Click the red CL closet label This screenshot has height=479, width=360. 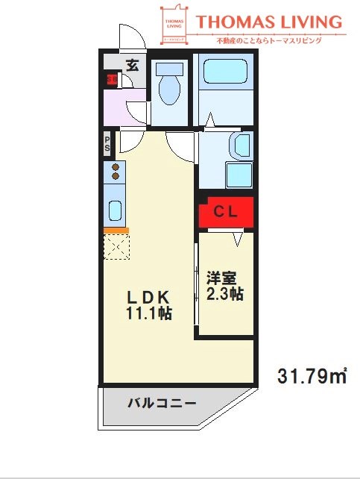[x=226, y=211]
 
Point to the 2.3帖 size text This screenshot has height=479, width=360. [x=224, y=294]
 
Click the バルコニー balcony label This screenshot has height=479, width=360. [x=161, y=404]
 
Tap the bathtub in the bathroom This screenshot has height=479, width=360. [x=226, y=71]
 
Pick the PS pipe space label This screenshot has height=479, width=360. [x=108, y=143]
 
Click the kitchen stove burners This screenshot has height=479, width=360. [x=116, y=172]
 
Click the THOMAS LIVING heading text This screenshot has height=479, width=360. [x=269, y=22]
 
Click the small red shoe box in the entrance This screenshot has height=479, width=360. [x=111, y=79]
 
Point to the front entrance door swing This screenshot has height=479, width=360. [x=127, y=37]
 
